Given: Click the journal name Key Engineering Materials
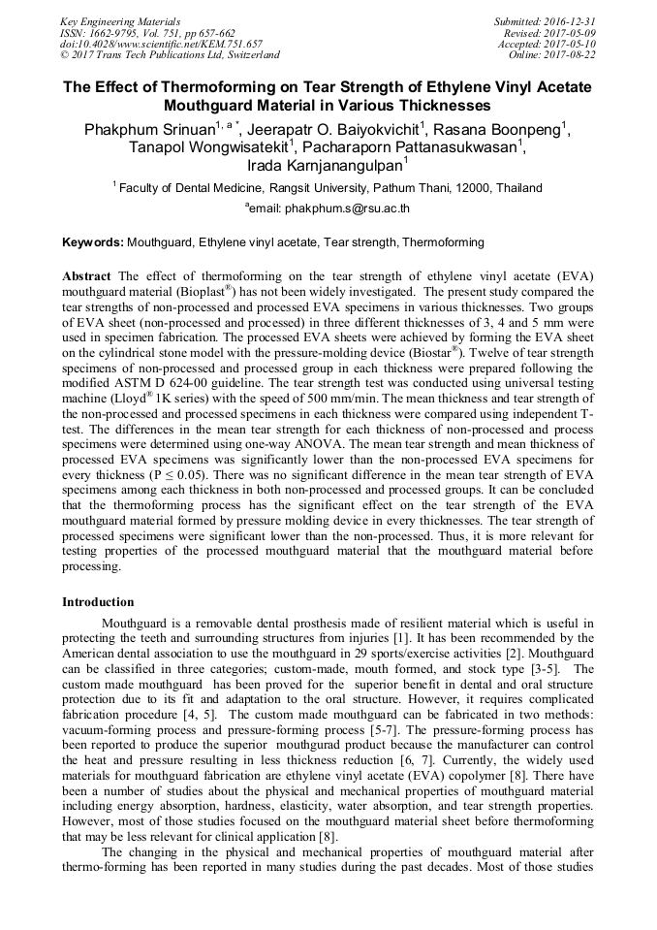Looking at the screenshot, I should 119,20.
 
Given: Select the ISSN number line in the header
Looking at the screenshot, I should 147,32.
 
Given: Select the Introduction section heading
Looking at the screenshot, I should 98,602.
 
